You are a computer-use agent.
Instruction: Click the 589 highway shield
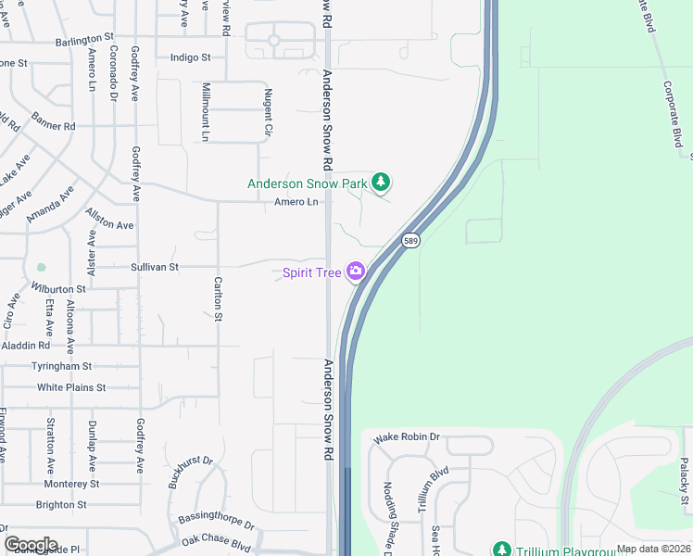click(x=412, y=241)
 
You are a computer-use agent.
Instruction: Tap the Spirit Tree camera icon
click(x=355, y=272)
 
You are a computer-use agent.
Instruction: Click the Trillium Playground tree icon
click(x=501, y=550)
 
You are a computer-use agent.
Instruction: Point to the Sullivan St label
click(x=154, y=267)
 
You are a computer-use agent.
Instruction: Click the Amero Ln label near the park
click(x=296, y=202)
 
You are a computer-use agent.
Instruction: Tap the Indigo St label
click(x=191, y=57)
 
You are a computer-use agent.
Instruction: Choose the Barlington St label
click(x=89, y=41)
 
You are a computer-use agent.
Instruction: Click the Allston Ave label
click(x=110, y=220)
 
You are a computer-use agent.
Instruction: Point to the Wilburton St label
click(x=58, y=289)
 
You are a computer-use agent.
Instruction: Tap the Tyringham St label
click(x=61, y=367)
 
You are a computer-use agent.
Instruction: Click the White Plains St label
click(x=71, y=387)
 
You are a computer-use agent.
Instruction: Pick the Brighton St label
click(x=61, y=505)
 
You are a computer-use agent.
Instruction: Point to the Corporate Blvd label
click(x=674, y=112)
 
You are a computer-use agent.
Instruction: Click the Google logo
click(x=31, y=545)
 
